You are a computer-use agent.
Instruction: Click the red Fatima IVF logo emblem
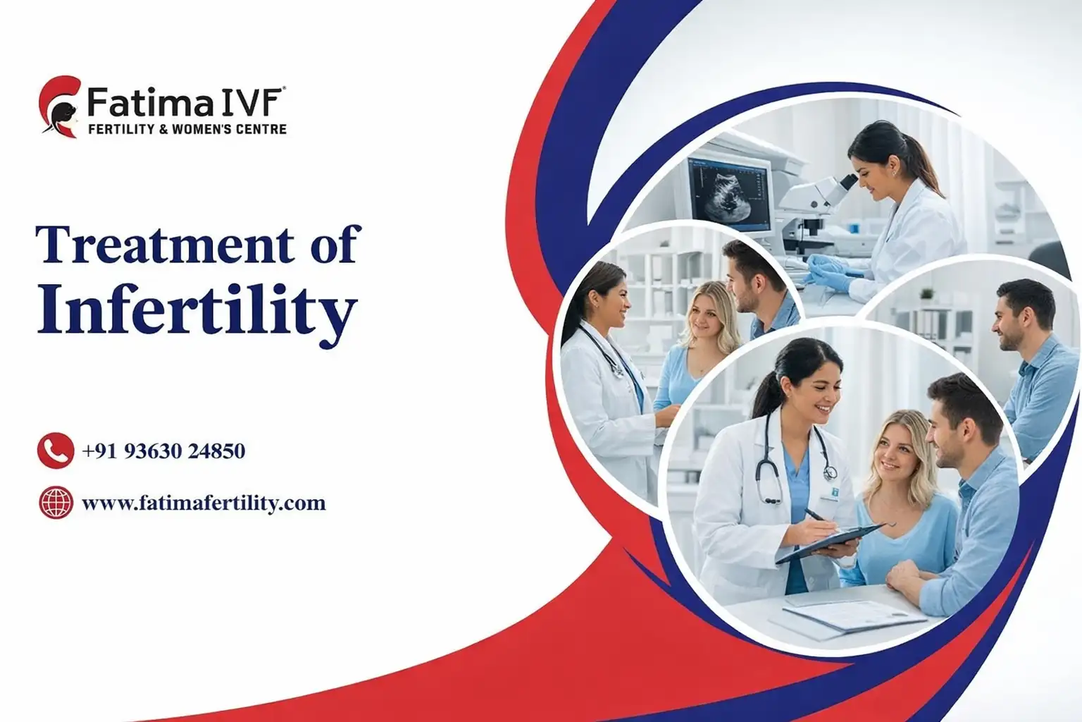click(58, 106)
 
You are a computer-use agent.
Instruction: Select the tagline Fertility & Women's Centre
click(187, 129)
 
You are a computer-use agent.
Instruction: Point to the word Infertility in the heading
click(197, 311)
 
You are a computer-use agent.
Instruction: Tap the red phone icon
click(56, 451)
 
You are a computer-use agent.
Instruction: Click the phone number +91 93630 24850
click(163, 451)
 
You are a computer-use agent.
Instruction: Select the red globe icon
click(56, 503)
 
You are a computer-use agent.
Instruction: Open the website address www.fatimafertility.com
click(204, 503)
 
